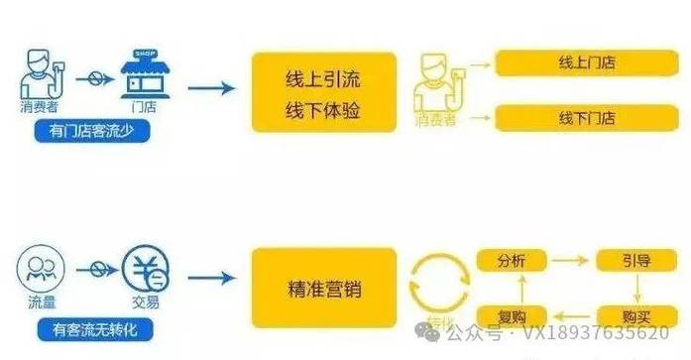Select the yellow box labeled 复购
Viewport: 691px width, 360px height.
[x=512, y=317]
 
